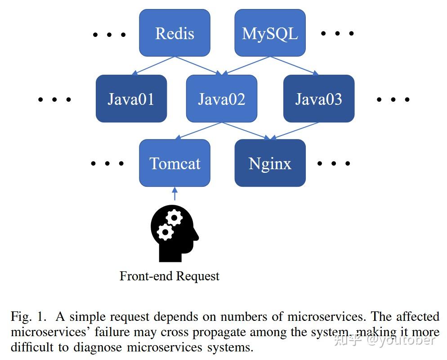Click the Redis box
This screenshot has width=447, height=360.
(174, 33)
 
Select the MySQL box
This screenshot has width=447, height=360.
(270, 33)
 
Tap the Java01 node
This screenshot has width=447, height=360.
(131, 99)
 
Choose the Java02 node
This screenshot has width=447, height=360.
(221, 99)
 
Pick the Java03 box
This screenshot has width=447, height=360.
(318, 99)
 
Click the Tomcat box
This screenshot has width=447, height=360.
(174, 163)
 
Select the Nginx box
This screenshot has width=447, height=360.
(270, 163)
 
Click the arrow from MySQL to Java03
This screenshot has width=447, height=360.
(294, 66)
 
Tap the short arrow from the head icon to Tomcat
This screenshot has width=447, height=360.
(175, 194)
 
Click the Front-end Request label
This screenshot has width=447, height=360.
(170, 276)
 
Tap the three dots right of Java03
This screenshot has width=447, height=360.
(393, 99)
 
